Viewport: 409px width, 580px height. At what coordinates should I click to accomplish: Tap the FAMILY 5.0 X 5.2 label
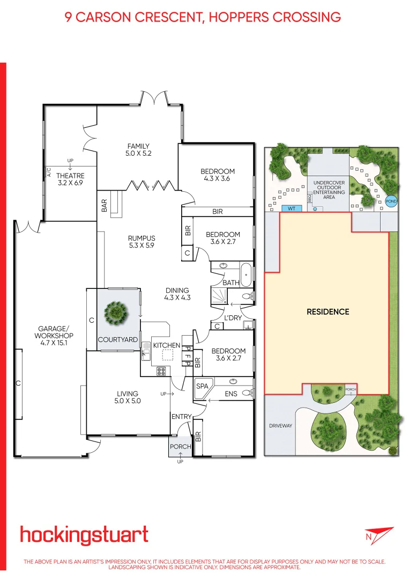(138, 150)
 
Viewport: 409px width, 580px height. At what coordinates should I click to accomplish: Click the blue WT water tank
(292, 208)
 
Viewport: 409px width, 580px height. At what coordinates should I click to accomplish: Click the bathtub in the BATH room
(246, 275)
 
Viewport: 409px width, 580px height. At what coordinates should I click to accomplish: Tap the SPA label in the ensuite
(202, 386)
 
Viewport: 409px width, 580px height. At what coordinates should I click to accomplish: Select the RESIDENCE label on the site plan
(328, 311)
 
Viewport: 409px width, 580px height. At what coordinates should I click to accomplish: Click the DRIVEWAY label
(281, 426)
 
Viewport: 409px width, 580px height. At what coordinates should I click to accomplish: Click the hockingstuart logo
(84, 536)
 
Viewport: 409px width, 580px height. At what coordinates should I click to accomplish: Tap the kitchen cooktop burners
(161, 371)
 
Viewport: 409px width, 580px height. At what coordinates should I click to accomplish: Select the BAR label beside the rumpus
(104, 206)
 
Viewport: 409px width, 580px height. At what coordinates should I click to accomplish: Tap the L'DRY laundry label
(233, 318)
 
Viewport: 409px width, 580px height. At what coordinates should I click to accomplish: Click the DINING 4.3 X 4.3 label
(177, 294)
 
